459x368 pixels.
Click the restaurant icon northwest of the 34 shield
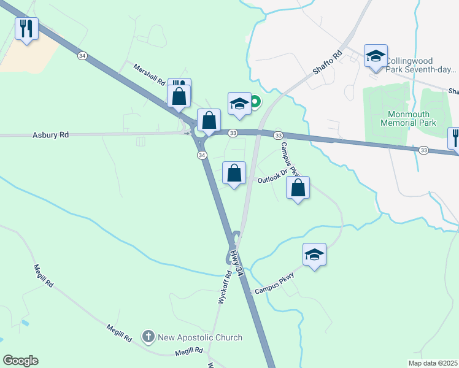pyautogui.click(x=26, y=29)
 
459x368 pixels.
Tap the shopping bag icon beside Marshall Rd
pyautogui.click(x=179, y=96)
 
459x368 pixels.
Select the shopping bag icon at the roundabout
pyautogui.click(x=209, y=121)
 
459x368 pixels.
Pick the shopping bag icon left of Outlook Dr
pyautogui.click(x=234, y=174)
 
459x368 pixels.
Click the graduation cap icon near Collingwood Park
pyautogui.click(x=376, y=56)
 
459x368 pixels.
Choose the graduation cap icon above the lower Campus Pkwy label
pyautogui.click(x=314, y=255)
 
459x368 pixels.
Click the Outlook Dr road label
pyautogui.click(x=272, y=177)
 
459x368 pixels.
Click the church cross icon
pyautogui.click(x=148, y=337)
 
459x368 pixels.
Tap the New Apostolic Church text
pyautogui.click(x=201, y=337)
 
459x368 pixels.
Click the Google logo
pyautogui.click(x=20, y=361)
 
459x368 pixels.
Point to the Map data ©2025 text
pyautogui.click(x=432, y=363)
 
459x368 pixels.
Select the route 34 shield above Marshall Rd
pyautogui.click(x=82, y=56)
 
